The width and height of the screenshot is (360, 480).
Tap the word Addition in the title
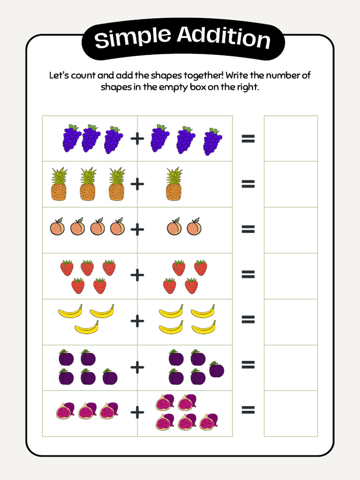pos(224,37)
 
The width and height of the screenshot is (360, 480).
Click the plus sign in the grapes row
pos(137,139)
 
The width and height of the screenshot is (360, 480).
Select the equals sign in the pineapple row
pos(248,184)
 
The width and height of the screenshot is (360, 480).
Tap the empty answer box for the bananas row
pos(291,322)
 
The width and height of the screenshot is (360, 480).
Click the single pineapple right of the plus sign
pos(174,184)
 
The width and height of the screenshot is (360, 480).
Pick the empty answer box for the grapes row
pos(291,139)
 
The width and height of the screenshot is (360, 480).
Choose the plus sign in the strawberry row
pos(137,276)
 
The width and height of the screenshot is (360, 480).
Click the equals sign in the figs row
pos(248,411)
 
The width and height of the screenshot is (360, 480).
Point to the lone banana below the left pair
pos(87,328)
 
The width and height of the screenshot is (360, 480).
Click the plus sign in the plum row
pos(137,367)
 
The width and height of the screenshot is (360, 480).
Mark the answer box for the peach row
pos(291,230)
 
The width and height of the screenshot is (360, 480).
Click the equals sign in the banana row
pos(248,320)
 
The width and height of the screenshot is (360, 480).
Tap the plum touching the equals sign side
pos(217,369)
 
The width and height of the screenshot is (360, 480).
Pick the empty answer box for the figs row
pos(291,413)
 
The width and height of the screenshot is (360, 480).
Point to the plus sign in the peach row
pos(137,230)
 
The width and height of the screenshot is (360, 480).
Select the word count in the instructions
pos(83,75)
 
